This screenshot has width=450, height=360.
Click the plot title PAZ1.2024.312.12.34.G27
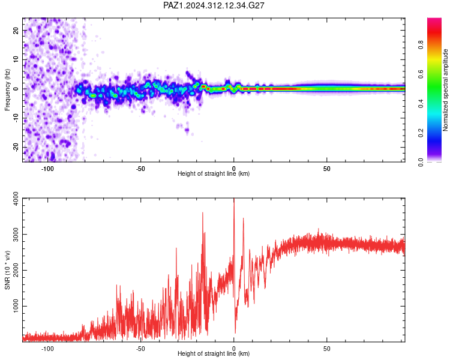click(x=214, y=5)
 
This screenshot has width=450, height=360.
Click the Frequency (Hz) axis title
click(x=7, y=90)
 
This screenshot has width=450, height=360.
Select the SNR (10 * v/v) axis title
click(x=7, y=270)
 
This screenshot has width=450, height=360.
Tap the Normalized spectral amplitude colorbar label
click(x=445, y=90)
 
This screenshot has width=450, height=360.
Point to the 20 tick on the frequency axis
click(x=16, y=30)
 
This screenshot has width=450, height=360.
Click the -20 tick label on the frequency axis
click(x=16, y=147)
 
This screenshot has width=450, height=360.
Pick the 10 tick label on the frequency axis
click(x=16, y=59)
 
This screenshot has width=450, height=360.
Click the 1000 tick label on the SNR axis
click(x=16, y=306)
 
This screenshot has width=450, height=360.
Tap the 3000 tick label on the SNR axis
click(x=16, y=234)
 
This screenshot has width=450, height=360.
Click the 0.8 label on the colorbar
click(x=421, y=45)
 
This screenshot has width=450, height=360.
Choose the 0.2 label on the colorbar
click(x=421, y=133)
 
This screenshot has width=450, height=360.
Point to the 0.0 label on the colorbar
click(x=421, y=163)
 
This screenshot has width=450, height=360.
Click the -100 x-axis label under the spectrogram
click(x=47, y=169)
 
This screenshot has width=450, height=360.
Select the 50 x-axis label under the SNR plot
click(x=327, y=349)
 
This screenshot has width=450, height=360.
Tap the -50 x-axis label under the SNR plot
click(x=140, y=349)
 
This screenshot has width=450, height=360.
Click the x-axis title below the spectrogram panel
click(x=214, y=173)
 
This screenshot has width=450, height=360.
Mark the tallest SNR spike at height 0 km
click(x=234, y=199)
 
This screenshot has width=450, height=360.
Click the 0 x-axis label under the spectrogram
click(x=234, y=169)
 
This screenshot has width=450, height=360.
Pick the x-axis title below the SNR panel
click(x=214, y=353)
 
